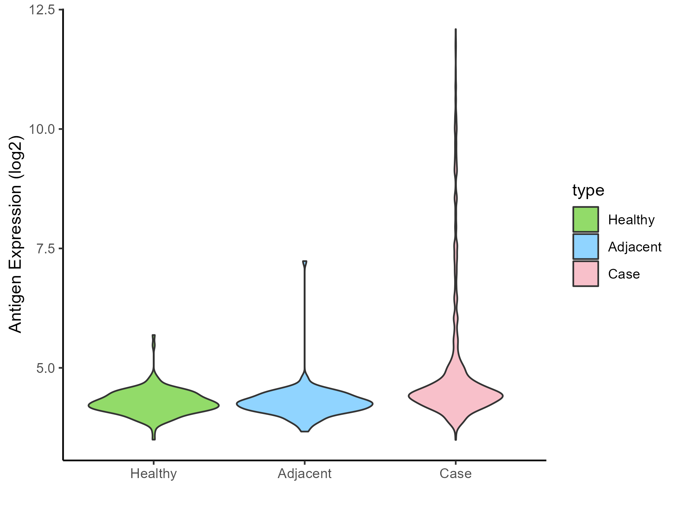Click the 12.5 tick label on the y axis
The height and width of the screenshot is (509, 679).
[x=41, y=10]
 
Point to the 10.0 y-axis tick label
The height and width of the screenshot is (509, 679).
[x=41, y=129]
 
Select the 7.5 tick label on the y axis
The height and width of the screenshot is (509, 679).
[x=45, y=249]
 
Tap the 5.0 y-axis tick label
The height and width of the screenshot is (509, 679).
[x=45, y=368]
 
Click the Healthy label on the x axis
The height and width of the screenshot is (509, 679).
[x=154, y=474]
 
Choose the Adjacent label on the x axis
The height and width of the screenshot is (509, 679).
[x=304, y=474]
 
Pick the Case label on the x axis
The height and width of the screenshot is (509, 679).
[x=455, y=474]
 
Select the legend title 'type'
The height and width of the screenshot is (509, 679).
[x=588, y=190]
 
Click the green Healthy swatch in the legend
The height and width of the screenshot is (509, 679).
[x=585, y=219]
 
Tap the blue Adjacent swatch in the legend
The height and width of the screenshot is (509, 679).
[x=585, y=247]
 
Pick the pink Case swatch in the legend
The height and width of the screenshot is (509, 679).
[x=585, y=274]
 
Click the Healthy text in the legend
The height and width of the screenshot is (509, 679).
[x=631, y=220]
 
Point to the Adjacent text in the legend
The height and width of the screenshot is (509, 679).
[x=634, y=247]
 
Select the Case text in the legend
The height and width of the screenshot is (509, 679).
[x=624, y=274]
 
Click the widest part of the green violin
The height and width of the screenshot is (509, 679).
[x=154, y=406]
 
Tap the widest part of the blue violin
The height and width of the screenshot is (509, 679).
[x=304, y=404]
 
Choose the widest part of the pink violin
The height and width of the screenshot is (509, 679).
[x=456, y=396]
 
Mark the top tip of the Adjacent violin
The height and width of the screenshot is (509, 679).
[x=304, y=261]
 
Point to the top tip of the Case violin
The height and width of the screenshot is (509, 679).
[x=456, y=29]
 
